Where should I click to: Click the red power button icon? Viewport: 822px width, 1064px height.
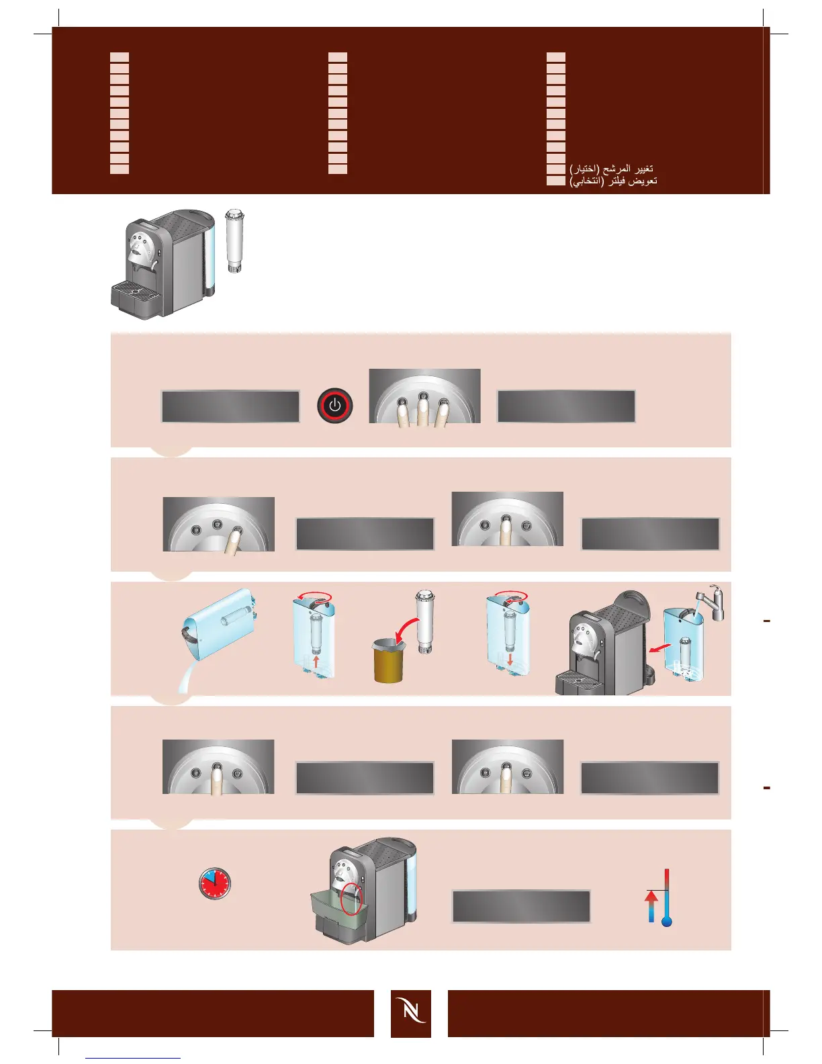click(334, 406)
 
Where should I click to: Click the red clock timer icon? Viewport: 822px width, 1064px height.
click(214, 883)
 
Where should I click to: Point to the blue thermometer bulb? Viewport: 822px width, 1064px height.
click(666, 922)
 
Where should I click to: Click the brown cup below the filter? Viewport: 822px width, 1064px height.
click(389, 662)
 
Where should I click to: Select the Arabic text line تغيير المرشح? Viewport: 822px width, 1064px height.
click(611, 168)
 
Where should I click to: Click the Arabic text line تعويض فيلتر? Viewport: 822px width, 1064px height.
click(613, 181)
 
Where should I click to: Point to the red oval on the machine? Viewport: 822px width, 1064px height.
click(351, 899)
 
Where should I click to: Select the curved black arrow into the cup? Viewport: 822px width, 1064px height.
click(406, 635)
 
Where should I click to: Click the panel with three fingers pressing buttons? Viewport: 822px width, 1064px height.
click(424, 396)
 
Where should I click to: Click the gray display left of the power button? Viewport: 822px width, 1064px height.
click(230, 406)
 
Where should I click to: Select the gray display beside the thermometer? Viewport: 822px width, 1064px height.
click(521, 906)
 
